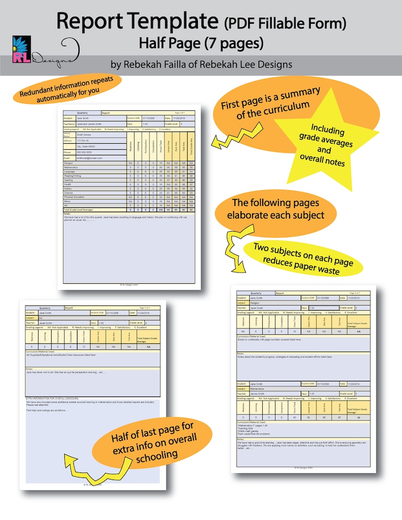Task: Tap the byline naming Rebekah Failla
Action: coord(201,65)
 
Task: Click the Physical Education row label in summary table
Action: coord(75,197)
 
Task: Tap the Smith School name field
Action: coord(85,135)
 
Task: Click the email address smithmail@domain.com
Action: coord(90,158)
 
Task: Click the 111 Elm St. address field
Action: coord(85,141)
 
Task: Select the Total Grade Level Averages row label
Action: coord(80,209)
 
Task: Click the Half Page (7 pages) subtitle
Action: coord(201,44)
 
